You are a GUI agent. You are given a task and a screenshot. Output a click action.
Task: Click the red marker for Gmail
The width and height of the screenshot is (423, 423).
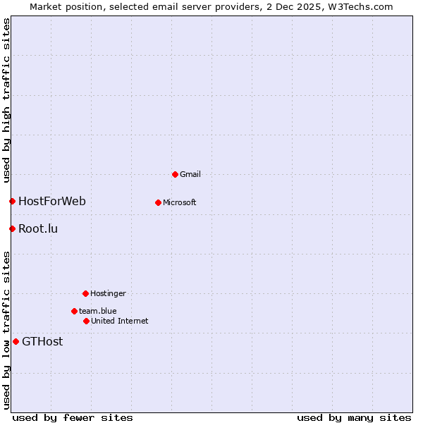coord(175,174)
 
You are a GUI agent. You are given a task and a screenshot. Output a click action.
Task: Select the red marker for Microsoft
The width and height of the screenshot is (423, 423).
coord(158,202)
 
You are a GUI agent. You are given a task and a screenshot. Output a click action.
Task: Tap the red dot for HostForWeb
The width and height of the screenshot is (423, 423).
coord(12,202)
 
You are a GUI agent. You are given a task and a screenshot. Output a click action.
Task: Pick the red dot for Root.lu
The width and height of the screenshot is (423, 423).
coord(12,228)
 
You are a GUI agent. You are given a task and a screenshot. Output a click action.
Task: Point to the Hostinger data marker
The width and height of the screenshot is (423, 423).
coord(85,293)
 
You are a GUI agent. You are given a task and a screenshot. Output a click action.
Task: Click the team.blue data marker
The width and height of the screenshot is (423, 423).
coord(74,311)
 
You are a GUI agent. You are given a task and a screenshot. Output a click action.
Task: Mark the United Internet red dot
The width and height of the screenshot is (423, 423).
coord(86,321)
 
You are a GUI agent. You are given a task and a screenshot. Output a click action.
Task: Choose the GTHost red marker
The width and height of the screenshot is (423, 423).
coord(16,342)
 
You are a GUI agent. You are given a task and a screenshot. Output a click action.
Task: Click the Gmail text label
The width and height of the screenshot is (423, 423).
coord(190,174)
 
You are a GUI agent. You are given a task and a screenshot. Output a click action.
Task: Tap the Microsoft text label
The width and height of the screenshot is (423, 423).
coord(180,202)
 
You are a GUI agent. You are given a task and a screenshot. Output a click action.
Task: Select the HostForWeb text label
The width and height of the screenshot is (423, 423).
coord(52,202)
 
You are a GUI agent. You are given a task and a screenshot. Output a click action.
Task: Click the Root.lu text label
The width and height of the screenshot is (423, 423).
coord(38,228)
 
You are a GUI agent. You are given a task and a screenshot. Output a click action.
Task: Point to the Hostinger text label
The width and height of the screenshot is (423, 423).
coord(108,293)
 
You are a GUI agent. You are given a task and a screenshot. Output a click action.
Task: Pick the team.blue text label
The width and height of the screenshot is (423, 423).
coord(98,311)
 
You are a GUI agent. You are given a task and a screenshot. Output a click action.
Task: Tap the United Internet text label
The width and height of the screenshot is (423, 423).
coord(120,321)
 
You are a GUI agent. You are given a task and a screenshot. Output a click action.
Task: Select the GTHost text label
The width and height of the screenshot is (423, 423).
coord(42,342)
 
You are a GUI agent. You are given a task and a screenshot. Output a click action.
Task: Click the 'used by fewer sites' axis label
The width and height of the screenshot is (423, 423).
coord(73,417)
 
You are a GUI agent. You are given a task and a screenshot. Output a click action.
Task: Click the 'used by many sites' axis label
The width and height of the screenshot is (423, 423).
coord(354,417)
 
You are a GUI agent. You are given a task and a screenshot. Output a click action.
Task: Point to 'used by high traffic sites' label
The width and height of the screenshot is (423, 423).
coord(6,101)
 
